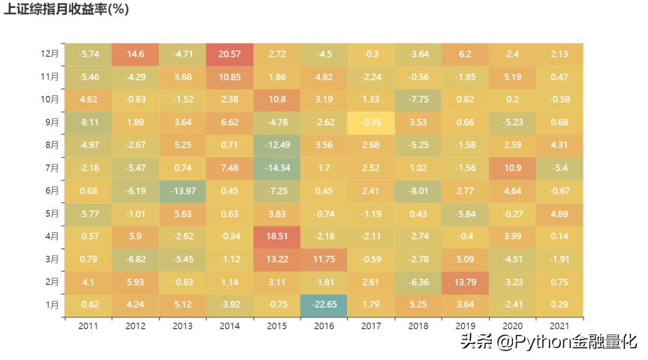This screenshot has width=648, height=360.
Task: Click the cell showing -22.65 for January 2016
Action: click(324, 305)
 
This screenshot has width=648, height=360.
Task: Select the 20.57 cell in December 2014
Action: click(230, 54)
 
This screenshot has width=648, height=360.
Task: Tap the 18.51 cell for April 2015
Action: click(277, 236)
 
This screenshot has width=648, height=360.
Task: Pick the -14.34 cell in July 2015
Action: click(277, 168)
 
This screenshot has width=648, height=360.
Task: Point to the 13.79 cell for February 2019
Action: click(466, 282)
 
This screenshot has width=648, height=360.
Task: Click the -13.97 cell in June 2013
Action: click(182, 191)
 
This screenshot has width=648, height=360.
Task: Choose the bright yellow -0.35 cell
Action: click(371, 122)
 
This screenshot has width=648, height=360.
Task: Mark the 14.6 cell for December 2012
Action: click(136, 54)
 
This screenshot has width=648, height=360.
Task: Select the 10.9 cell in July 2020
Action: click(512, 168)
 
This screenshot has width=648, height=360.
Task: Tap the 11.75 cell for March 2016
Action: click(324, 259)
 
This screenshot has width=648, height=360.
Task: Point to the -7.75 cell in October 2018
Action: click(418, 100)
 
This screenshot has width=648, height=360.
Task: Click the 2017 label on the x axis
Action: click(371, 326)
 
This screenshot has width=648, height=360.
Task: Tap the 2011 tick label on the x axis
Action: click(88, 326)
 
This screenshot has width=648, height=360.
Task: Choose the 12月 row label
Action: click(50, 54)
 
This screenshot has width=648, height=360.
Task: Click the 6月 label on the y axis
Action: click(52, 191)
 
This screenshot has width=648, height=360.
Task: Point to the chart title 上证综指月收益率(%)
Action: click(66, 10)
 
